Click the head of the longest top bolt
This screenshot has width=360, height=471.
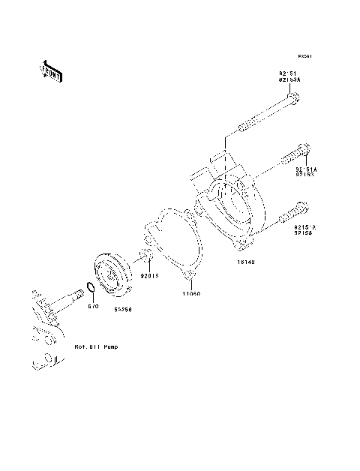coord(294,97)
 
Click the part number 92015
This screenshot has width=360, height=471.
coord(149,276)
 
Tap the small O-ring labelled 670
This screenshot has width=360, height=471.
coord(88,288)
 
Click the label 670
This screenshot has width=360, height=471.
coord(93,306)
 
